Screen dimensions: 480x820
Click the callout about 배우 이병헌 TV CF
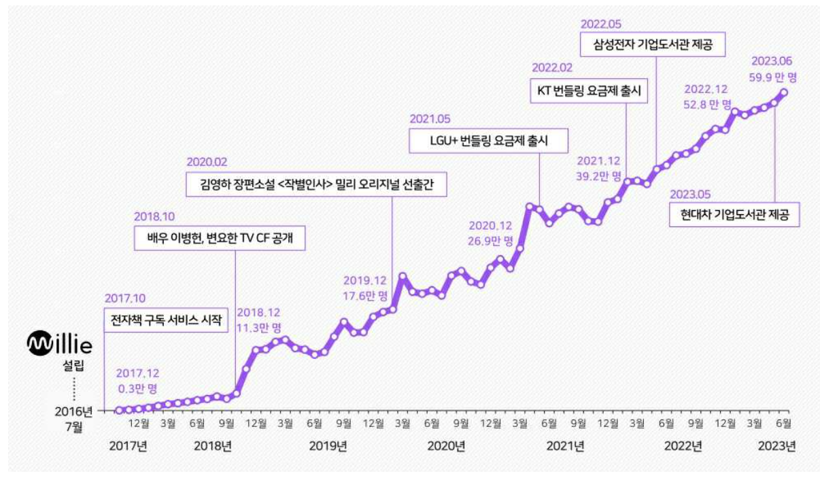click(220, 238)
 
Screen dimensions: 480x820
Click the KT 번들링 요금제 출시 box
click(589, 90)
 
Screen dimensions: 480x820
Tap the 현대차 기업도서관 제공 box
click(734, 214)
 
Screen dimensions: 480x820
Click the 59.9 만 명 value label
click(774, 78)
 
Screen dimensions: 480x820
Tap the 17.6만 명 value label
click(365, 296)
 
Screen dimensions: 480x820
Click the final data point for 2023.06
click(784, 92)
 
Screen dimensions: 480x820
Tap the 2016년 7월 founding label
click(73, 419)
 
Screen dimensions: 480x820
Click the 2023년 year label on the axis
click(776, 446)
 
